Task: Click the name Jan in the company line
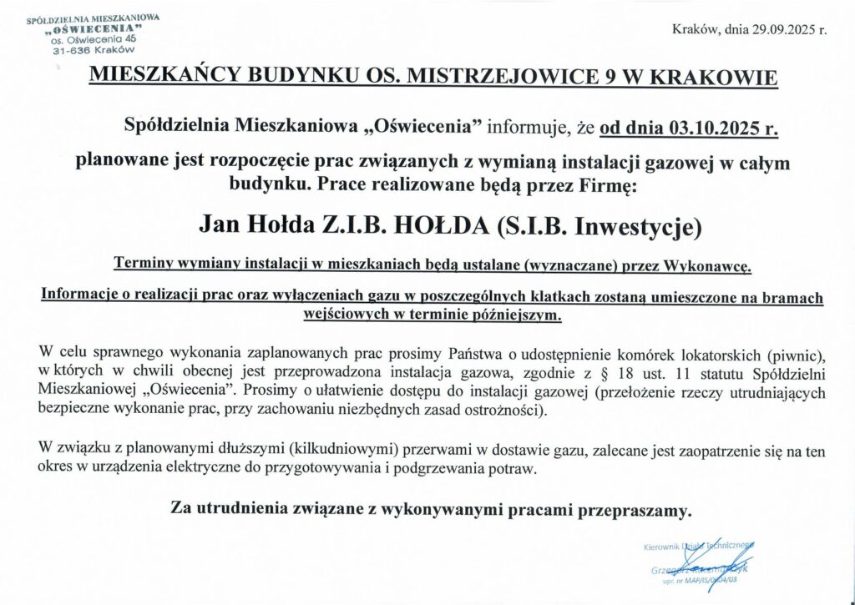(x=220, y=225)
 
